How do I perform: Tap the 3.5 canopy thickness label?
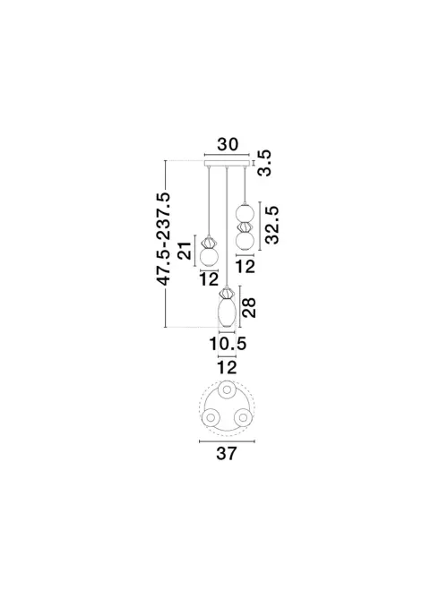point(264,161)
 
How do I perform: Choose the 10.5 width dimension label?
point(227,343)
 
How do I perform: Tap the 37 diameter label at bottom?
point(227,453)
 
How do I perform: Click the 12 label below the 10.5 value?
point(227,368)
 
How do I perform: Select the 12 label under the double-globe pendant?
point(246,266)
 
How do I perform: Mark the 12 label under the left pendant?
point(209,279)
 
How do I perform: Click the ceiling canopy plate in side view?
point(227,165)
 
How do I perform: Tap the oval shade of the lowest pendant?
point(227,312)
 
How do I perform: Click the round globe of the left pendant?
point(210,258)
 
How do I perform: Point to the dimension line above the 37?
point(227,440)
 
